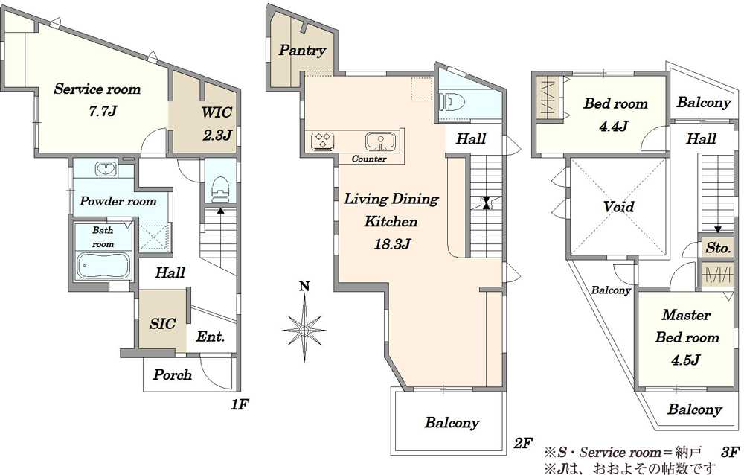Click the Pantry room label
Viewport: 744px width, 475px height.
[302, 51]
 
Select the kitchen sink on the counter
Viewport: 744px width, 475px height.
[380, 141]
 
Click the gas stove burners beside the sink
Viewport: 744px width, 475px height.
[324, 141]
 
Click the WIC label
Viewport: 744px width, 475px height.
[217, 112]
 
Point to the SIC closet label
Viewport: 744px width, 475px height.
[163, 324]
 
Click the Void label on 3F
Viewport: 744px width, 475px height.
[619, 207]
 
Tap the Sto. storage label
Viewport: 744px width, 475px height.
[718, 248]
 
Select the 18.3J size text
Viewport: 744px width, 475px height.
[392, 244]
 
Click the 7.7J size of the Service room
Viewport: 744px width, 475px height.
[103, 111]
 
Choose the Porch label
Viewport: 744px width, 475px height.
[173, 374]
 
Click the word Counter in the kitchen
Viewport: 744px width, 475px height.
[369, 159]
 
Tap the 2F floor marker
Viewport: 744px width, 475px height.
[523, 443]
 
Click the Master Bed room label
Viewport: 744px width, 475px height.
[687, 326]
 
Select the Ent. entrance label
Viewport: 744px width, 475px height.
[211, 337]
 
